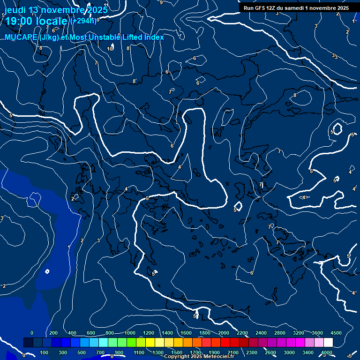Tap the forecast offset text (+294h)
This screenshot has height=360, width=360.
tap(84, 21)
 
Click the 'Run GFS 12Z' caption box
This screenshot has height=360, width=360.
tap(296, 8)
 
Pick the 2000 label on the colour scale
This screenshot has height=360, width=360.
tap(224, 333)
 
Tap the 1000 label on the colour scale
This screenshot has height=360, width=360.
tap(130, 333)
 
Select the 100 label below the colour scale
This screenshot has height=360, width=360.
tap(45, 352)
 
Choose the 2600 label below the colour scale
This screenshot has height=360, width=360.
tap(271, 352)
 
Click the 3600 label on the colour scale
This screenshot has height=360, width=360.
tap(317, 333)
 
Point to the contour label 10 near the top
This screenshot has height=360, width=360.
tap(110, 49)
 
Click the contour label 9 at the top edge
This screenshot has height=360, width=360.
tap(161, 2)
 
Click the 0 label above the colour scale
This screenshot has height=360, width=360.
tap(32, 333)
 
